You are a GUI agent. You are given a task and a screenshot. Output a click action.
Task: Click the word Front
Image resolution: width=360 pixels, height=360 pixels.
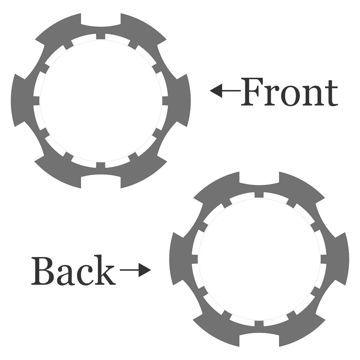pos(289,92)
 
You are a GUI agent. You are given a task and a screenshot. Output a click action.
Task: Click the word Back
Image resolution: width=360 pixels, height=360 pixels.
pos(73,270)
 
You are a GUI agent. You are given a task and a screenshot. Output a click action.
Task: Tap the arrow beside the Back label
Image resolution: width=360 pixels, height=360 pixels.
pos(135,270)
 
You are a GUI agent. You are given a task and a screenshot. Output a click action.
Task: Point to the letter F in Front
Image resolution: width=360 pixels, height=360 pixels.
pos(253,92)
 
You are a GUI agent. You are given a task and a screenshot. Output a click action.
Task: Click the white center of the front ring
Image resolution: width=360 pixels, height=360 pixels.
pos(101,101)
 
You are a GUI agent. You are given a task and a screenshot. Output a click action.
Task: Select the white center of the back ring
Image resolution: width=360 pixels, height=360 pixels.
pos(259,259)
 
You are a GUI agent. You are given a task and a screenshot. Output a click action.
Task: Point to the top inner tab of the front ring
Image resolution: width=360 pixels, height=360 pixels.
pos(101,36)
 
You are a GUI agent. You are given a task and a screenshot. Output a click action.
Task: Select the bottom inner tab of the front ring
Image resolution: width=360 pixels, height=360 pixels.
pos(101,165)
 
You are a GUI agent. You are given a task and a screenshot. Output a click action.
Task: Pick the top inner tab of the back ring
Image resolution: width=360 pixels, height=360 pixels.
pos(259,195)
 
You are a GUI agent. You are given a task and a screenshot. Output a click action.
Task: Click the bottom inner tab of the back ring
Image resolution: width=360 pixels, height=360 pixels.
pos(259,324)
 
